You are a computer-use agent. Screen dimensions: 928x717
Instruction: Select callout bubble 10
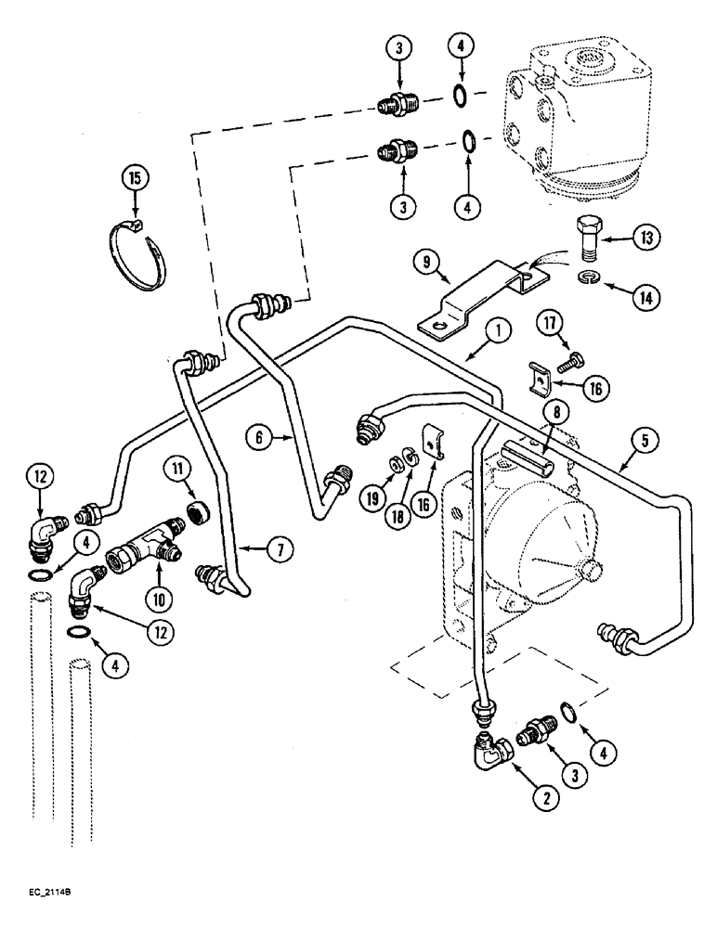tap(142, 614)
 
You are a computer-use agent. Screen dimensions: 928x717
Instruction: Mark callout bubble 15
tap(135, 176)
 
